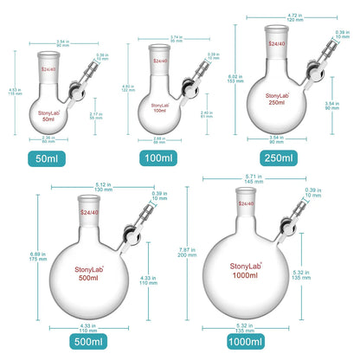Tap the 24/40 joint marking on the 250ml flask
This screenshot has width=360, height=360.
tap(275, 46)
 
